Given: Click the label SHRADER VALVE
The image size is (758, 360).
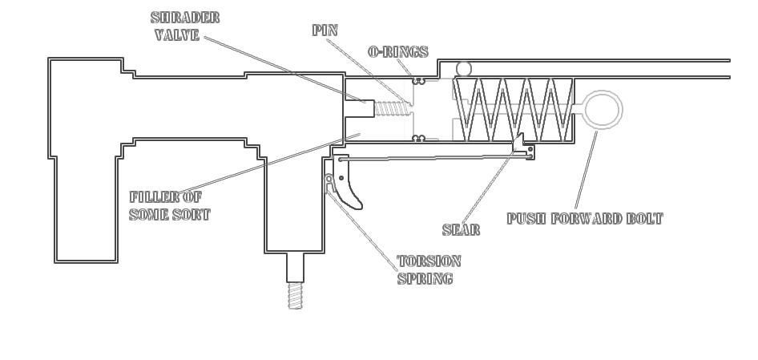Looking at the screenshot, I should coord(185,26).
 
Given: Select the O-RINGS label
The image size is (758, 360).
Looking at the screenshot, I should coord(398,51).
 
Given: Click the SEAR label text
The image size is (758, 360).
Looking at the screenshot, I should coord(461,230).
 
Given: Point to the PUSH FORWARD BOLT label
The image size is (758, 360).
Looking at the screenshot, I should coord(585,218).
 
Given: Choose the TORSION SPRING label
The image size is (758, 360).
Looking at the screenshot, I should coord(429,270).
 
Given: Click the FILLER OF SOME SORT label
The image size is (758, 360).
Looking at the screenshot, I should coord(169,205).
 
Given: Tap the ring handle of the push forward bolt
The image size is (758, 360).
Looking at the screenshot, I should coord(602,109).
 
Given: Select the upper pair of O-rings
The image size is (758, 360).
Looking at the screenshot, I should coord(417,80).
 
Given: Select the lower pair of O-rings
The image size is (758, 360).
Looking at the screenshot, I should coord(417,139).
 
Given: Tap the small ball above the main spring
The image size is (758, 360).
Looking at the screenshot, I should coord(463,68).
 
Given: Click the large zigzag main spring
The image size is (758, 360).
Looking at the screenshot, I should coord(513,108).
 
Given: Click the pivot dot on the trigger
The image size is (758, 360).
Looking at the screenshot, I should coord(342,177).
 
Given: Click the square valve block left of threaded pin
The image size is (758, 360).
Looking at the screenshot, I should coord(359,108).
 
